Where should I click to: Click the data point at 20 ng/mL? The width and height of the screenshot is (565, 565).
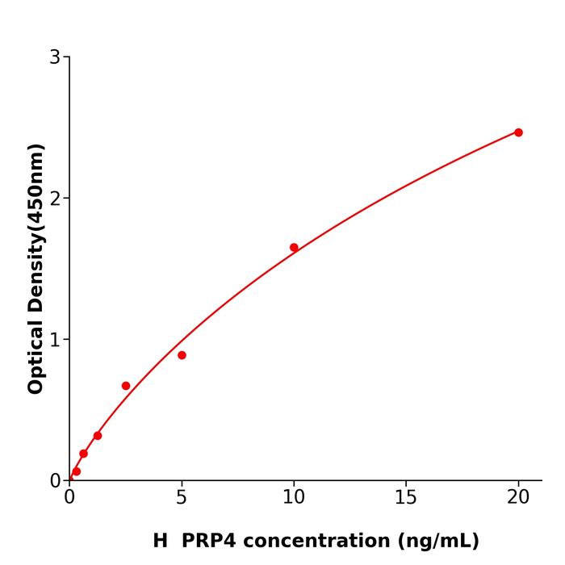point(518,132)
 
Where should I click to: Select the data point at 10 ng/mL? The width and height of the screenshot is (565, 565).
point(294,248)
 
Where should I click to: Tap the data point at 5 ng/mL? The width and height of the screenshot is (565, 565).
point(182,355)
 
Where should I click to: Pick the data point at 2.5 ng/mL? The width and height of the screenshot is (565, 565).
point(126,386)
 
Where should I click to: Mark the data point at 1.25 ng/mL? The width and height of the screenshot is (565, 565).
point(98,436)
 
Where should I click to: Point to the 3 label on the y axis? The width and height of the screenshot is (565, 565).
point(55,57)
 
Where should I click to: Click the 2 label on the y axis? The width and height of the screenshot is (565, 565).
point(55,199)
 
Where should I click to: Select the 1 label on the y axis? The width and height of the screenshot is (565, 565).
point(55,340)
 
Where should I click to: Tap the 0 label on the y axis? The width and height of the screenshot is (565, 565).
point(55,481)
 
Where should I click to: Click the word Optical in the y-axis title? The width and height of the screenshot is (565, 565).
point(36,354)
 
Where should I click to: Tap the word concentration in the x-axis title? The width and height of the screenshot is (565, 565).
point(317,541)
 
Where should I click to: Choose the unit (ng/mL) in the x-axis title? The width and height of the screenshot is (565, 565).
point(436,541)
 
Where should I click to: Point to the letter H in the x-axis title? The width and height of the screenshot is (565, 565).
point(160,541)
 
